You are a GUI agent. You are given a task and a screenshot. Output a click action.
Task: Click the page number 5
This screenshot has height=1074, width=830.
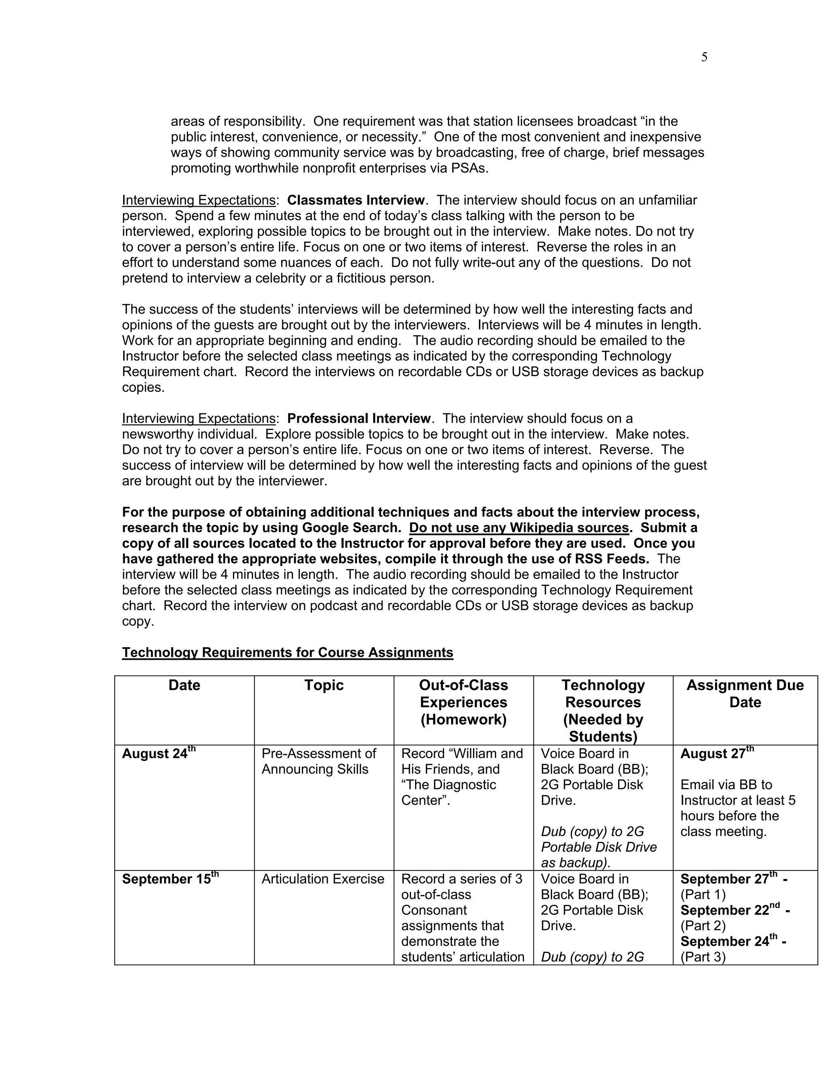[x=704, y=58]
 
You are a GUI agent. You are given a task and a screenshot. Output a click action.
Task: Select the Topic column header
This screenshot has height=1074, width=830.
[x=323, y=685]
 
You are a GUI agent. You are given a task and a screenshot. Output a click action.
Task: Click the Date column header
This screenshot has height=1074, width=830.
[x=184, y=685]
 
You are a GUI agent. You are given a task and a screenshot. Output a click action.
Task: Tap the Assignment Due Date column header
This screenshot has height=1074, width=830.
[x=745, y=693]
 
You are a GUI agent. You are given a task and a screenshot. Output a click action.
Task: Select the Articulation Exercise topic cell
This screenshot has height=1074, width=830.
[x=323, y=879]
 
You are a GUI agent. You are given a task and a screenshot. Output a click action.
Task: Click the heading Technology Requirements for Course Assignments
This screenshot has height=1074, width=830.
[x=287, y=653]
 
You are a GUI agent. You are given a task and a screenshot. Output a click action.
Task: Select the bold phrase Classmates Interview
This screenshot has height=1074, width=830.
[x=356, y=200]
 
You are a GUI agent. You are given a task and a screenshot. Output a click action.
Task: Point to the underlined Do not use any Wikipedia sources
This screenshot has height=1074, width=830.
[x=519, y=528]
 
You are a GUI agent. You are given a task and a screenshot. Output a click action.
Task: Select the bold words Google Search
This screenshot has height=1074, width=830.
[x=351, y=528]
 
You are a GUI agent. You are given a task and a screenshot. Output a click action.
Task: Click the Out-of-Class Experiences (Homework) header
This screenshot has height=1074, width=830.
[x=463, y=702]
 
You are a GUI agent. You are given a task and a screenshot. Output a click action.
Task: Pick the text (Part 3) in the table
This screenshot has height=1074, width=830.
[x=703, y=957]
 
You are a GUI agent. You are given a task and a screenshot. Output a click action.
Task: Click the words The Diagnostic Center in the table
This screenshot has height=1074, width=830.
[x=449, y=792]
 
